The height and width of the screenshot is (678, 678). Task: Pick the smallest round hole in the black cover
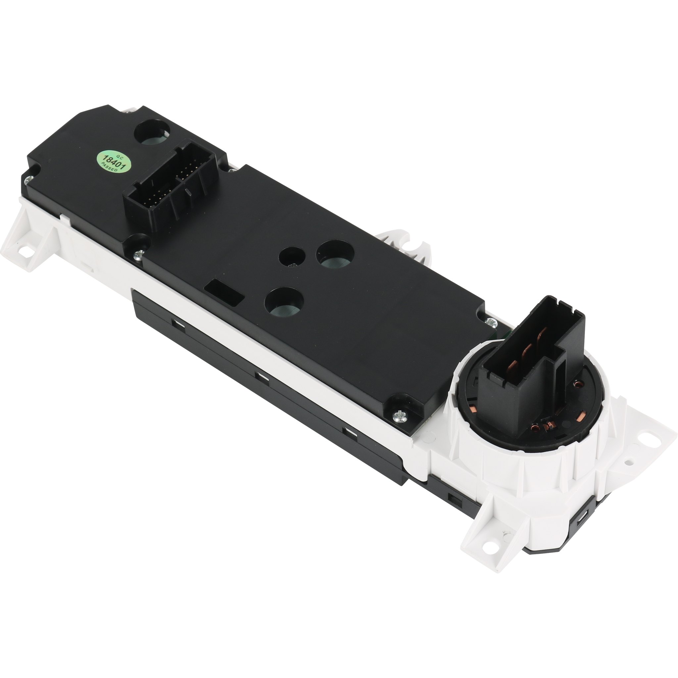(x=293, y=255)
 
